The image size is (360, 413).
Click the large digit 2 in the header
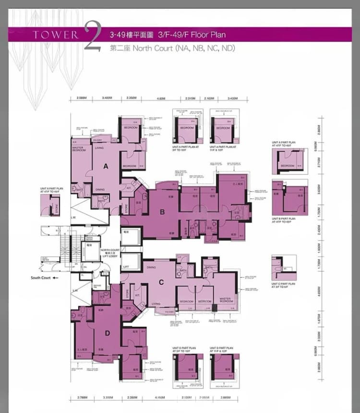[x=92, y=36]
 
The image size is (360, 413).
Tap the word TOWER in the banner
[x=56, y=35]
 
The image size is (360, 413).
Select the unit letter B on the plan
[x=163, y=212]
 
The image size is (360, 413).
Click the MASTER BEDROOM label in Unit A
[x=79, y=150]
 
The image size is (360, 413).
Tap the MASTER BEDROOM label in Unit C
[x=225, y=300]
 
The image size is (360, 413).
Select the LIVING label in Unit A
[x=99, y=148]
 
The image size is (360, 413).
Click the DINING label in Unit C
[x=151, y=268]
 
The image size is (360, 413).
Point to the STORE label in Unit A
[x=127, y=209]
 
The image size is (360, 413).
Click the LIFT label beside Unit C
[x=126, y=267]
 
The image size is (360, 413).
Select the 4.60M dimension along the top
[x=160, y=98]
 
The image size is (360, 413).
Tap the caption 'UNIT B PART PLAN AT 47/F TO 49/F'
[x=284, y=220]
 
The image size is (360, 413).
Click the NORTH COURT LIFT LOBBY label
[x=110, y=253]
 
